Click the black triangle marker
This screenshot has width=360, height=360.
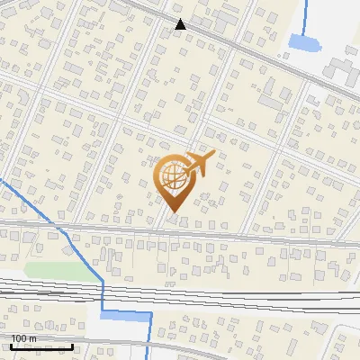181,24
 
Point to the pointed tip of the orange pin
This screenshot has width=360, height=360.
173,212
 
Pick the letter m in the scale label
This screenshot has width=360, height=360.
33,338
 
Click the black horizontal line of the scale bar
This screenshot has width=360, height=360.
41,346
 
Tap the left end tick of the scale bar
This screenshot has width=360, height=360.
11,345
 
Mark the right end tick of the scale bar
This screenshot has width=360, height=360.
73,345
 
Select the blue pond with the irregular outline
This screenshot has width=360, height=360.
303,41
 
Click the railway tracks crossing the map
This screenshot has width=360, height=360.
225,293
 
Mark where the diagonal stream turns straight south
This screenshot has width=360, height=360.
103,281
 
